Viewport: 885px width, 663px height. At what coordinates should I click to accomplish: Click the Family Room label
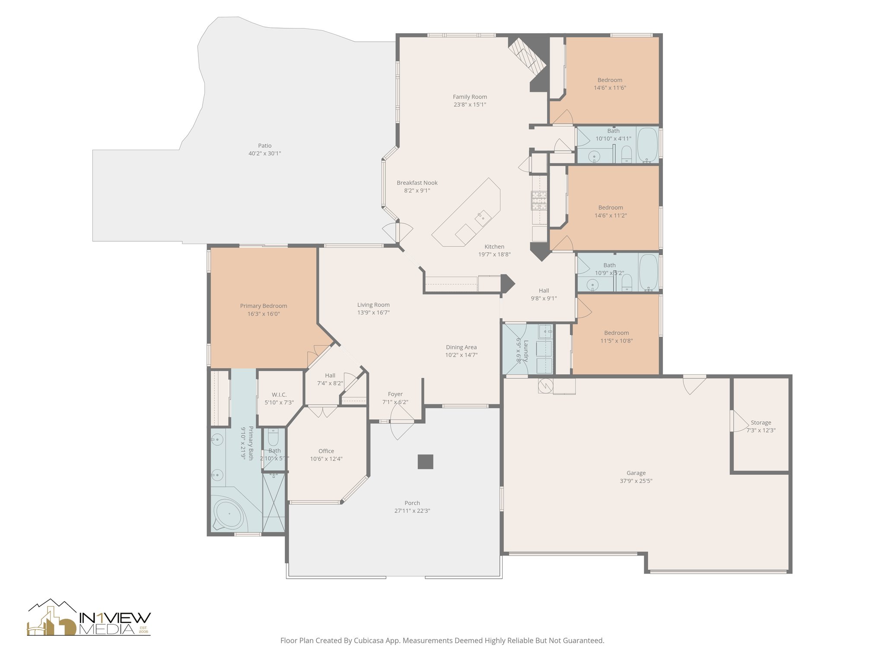coord(470,97)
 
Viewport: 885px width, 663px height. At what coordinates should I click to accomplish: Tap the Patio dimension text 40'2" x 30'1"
coord(265,154)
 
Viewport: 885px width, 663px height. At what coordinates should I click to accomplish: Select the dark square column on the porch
coord(425,462)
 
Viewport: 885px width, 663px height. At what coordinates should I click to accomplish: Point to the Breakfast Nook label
coord(417,183)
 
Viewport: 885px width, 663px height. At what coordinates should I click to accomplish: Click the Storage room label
coord(761,423)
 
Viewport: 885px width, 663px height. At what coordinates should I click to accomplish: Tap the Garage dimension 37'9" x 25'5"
coord(636,481)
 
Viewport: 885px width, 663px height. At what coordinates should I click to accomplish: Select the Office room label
coord(326,451)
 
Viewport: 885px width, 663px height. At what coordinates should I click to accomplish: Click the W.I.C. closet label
coord(279,395)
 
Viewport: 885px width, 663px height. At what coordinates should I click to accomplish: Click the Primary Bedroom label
coord(264,306)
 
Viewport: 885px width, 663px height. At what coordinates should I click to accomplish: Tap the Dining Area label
coord(461,347)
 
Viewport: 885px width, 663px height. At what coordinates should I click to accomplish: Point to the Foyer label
coord(395,394)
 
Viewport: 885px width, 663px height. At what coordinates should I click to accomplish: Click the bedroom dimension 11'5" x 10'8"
coord(616,341)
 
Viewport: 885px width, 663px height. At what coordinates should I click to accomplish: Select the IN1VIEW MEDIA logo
coord(89,618)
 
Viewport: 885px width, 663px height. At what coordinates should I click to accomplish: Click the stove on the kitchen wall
coord(539,200)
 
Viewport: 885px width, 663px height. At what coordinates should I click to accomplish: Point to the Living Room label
coord(373,305)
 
